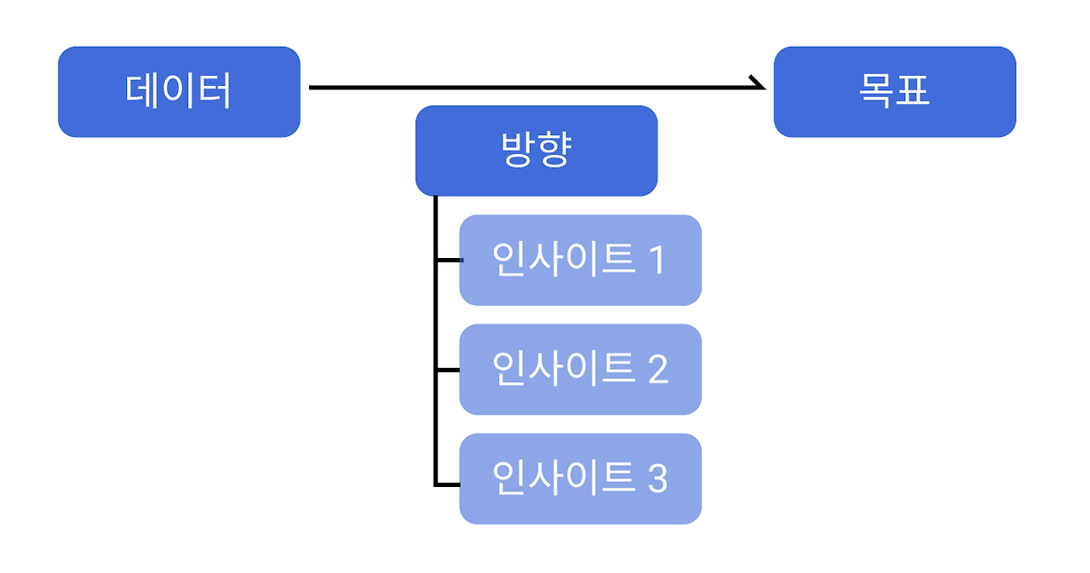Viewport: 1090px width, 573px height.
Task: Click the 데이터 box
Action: point(179,92)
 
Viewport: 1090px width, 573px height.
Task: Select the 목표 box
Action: point(894,92)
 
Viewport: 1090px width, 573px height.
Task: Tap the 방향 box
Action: point(536,151)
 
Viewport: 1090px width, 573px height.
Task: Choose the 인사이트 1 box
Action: point(580,261)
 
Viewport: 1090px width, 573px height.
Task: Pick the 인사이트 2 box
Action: point(580,370)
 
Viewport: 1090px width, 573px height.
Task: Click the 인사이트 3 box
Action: point(580,479)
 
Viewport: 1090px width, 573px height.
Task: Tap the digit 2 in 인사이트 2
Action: point(658,370)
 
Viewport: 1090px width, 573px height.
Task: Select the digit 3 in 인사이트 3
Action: point(657,478)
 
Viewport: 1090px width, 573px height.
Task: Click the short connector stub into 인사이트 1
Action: point(449,261)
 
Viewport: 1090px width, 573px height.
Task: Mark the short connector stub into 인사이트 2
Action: point(449,370)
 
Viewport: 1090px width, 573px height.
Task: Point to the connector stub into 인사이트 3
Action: point(449,484)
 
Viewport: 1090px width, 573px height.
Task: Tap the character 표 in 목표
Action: point(913,90)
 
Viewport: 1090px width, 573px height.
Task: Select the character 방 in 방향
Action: point(517,149)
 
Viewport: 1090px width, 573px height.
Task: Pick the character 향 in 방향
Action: point(554,149)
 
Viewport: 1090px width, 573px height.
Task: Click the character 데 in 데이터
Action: point(141,90)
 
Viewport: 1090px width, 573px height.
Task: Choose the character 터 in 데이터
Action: point(214,90)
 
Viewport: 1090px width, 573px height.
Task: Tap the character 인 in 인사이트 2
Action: point(509,368)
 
